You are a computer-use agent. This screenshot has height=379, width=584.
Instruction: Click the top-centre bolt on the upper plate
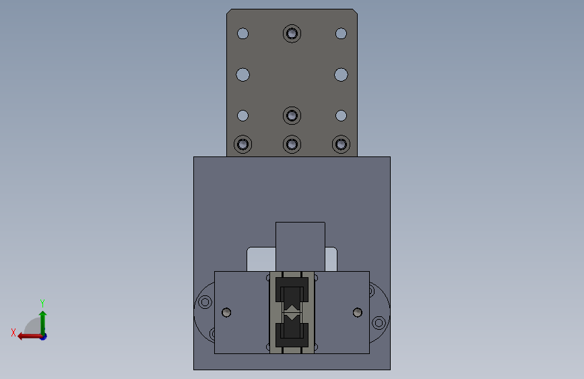[x=292, y=34]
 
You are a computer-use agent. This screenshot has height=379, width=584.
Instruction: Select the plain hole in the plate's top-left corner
[x=243, y=34]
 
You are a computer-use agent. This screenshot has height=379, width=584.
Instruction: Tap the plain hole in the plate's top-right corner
[x=341, y=34]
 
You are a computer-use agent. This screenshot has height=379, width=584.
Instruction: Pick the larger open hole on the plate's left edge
[x=243, y=75]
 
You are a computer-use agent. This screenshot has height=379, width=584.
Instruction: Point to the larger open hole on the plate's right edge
[x=341, y=75]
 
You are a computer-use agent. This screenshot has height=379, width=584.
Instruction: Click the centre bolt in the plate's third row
[x=292, y=115]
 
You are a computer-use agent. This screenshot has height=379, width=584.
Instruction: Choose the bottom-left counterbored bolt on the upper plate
[x=243, y=144]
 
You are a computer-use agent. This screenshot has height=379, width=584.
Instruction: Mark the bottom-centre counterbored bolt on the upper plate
[x=292, y=144]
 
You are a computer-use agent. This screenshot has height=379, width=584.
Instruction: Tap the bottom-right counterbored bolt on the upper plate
[x=341, y=144]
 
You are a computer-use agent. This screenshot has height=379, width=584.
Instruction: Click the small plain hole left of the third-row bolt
[x=243, y=115]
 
